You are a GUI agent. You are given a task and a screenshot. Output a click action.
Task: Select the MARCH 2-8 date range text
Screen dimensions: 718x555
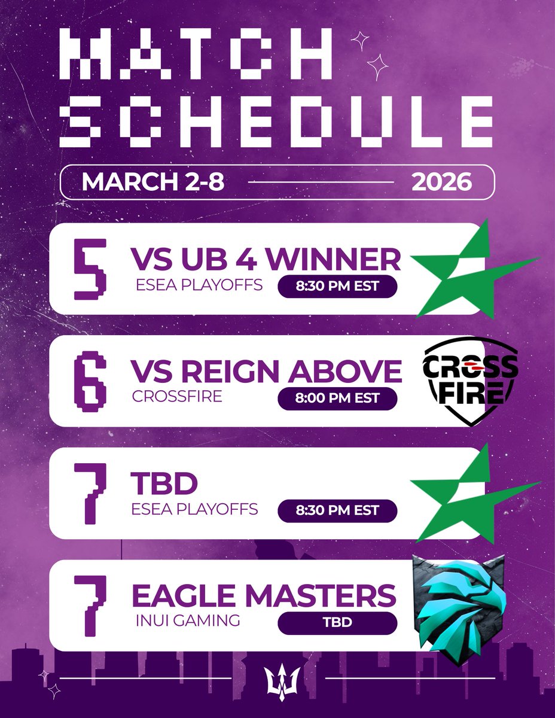point(153,181)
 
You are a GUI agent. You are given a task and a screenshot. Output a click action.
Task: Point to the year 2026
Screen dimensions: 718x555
point(441,181)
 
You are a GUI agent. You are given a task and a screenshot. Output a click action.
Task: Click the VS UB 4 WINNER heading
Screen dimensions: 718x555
point(265,260)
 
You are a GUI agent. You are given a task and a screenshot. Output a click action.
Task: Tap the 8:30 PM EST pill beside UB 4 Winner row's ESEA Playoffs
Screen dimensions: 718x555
point(337,285)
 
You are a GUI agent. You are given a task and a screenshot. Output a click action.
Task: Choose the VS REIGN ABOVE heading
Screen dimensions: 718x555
point(266,372)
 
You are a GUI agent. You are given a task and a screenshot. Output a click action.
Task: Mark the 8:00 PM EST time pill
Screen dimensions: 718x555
point(337,398)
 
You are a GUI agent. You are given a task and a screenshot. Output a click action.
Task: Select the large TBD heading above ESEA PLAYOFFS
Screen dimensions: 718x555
point(164,484)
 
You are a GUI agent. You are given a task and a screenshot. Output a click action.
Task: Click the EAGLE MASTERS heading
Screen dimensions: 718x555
point(263,596)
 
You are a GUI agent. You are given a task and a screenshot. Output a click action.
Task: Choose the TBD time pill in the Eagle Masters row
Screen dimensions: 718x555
point(337,622)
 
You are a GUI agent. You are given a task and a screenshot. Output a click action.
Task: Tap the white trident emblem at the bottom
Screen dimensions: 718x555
point(277,679)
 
